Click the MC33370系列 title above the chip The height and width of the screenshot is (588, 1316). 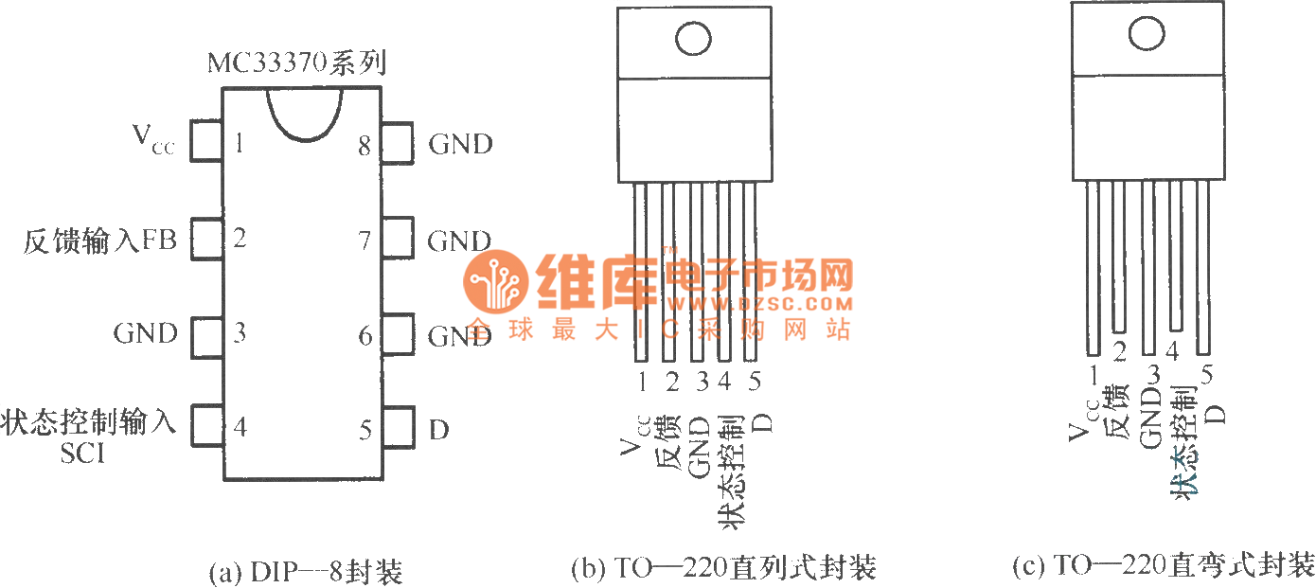[296, 65]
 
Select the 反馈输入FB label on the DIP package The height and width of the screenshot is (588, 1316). [100, 238]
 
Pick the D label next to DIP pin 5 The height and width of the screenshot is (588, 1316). [438, 430]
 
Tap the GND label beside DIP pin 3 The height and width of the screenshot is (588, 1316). [146, 333]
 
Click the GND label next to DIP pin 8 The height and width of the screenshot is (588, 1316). [461, 145]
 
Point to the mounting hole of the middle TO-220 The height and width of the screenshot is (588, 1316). [693, 39]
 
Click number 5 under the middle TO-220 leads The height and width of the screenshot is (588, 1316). [755, 382]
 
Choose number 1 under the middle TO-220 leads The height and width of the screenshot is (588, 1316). [642, 382]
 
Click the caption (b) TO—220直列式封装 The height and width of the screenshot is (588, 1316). [724, 568]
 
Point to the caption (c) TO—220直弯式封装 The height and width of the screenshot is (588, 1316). [1163, 566]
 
